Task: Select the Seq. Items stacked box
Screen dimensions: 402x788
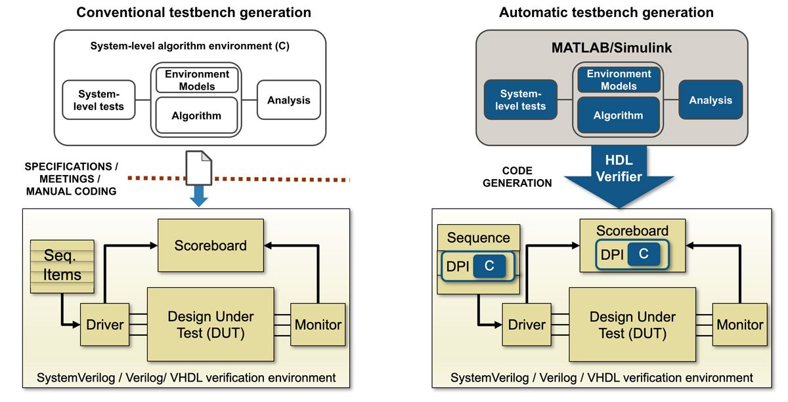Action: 62,266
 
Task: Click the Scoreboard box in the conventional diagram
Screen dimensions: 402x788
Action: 210,245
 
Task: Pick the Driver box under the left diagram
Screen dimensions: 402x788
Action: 104,324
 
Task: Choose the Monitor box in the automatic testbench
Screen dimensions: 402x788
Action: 739,325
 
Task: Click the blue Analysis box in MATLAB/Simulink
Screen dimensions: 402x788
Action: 710,100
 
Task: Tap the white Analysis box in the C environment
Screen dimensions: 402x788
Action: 288,100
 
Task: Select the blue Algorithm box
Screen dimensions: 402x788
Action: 617,115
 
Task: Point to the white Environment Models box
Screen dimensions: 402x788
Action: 196,80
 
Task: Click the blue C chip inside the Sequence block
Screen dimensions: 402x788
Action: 489,266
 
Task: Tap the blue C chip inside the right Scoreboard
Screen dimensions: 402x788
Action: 643,254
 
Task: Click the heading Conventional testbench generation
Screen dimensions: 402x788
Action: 194,12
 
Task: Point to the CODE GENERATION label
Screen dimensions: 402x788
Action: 517,176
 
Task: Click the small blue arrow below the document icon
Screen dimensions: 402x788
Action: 199,197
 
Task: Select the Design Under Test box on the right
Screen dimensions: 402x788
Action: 632,325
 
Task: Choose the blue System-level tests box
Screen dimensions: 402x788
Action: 520,100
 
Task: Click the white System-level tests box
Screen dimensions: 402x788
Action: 98,100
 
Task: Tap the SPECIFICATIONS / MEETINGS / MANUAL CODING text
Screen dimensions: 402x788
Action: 71,178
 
